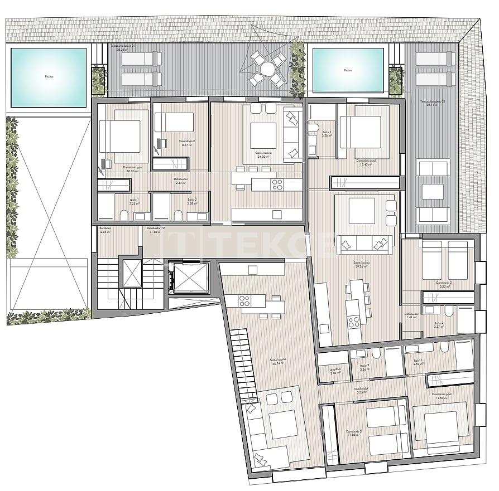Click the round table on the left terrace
(268, 69)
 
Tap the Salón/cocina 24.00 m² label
(263, 154)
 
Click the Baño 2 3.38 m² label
(192, 201)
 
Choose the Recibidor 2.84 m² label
(105, 230)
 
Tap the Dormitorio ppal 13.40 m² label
(366, 162)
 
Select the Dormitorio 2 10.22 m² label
(444, 284)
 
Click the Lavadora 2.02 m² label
(334, 371)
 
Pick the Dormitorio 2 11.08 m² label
(354, 433)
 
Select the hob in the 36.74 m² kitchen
(244, 300)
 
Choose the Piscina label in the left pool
(48, 77)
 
